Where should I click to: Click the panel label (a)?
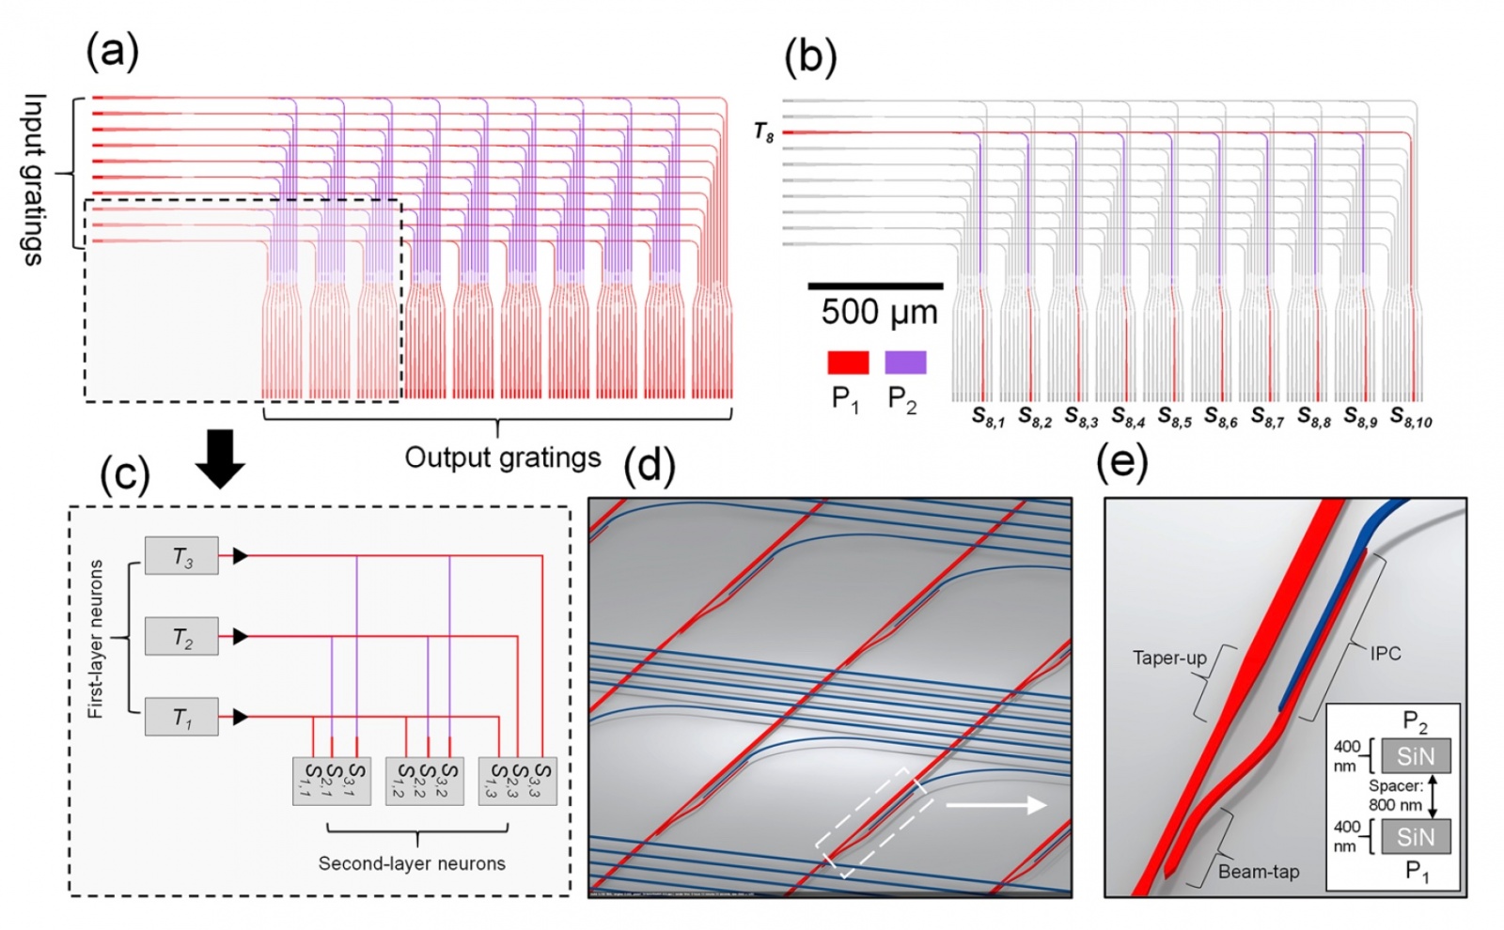[112, 53]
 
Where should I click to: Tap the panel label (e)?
[1122, 463]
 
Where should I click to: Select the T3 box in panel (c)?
[181, 556]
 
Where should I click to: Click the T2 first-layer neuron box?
[181, 637]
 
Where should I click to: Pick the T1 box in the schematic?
[181, 718]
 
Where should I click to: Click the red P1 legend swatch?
[847, 363]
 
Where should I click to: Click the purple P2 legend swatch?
[904, 363]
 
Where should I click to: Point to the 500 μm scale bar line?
[875, 285]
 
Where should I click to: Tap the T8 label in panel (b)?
[763, 133]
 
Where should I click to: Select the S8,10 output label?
[1411, 416]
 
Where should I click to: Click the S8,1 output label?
[988, 416]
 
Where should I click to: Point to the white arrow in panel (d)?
[995, 805]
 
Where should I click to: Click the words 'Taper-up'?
[1169, 658]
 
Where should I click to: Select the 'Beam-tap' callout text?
[1259, 872]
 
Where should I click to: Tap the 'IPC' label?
[1385, 654]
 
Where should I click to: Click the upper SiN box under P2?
[1416, 755]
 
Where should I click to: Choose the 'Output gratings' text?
[502, 457]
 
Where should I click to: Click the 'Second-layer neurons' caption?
[412, 863]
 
